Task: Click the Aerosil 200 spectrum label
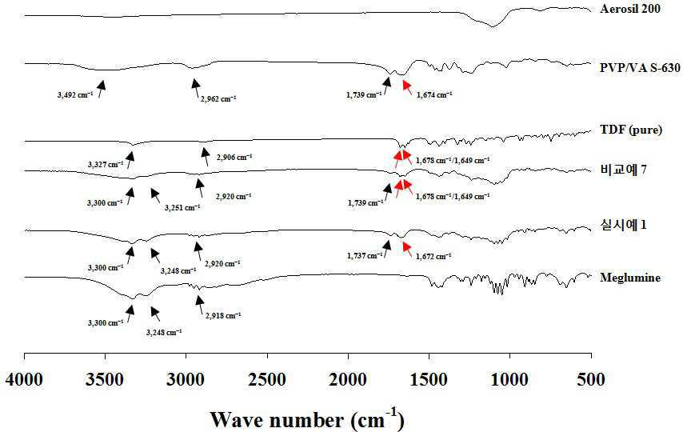[630, 9]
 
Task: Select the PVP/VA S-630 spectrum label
[640, 68]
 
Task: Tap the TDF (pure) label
[631, 130]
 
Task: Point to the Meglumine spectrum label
[630, 278]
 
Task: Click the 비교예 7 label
[623, 170]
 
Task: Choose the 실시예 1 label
[623, 225]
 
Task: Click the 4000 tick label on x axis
[24, 379]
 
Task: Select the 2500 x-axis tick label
[267, 379]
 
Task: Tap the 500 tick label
[591, 379]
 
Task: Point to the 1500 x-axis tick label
[429, 379]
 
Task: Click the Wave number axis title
[308, 419]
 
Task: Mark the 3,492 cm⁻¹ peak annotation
[75, 94]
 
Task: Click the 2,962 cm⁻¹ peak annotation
[218, 99]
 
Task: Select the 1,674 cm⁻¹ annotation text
[434, 94]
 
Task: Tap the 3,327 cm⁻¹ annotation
[106, 164]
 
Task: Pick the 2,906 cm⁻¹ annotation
[234, 157]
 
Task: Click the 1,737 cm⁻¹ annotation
[365, 256]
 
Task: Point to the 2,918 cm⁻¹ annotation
[223, 315]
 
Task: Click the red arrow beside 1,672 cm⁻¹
[407, 248]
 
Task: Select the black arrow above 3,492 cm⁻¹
[102, 89]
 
